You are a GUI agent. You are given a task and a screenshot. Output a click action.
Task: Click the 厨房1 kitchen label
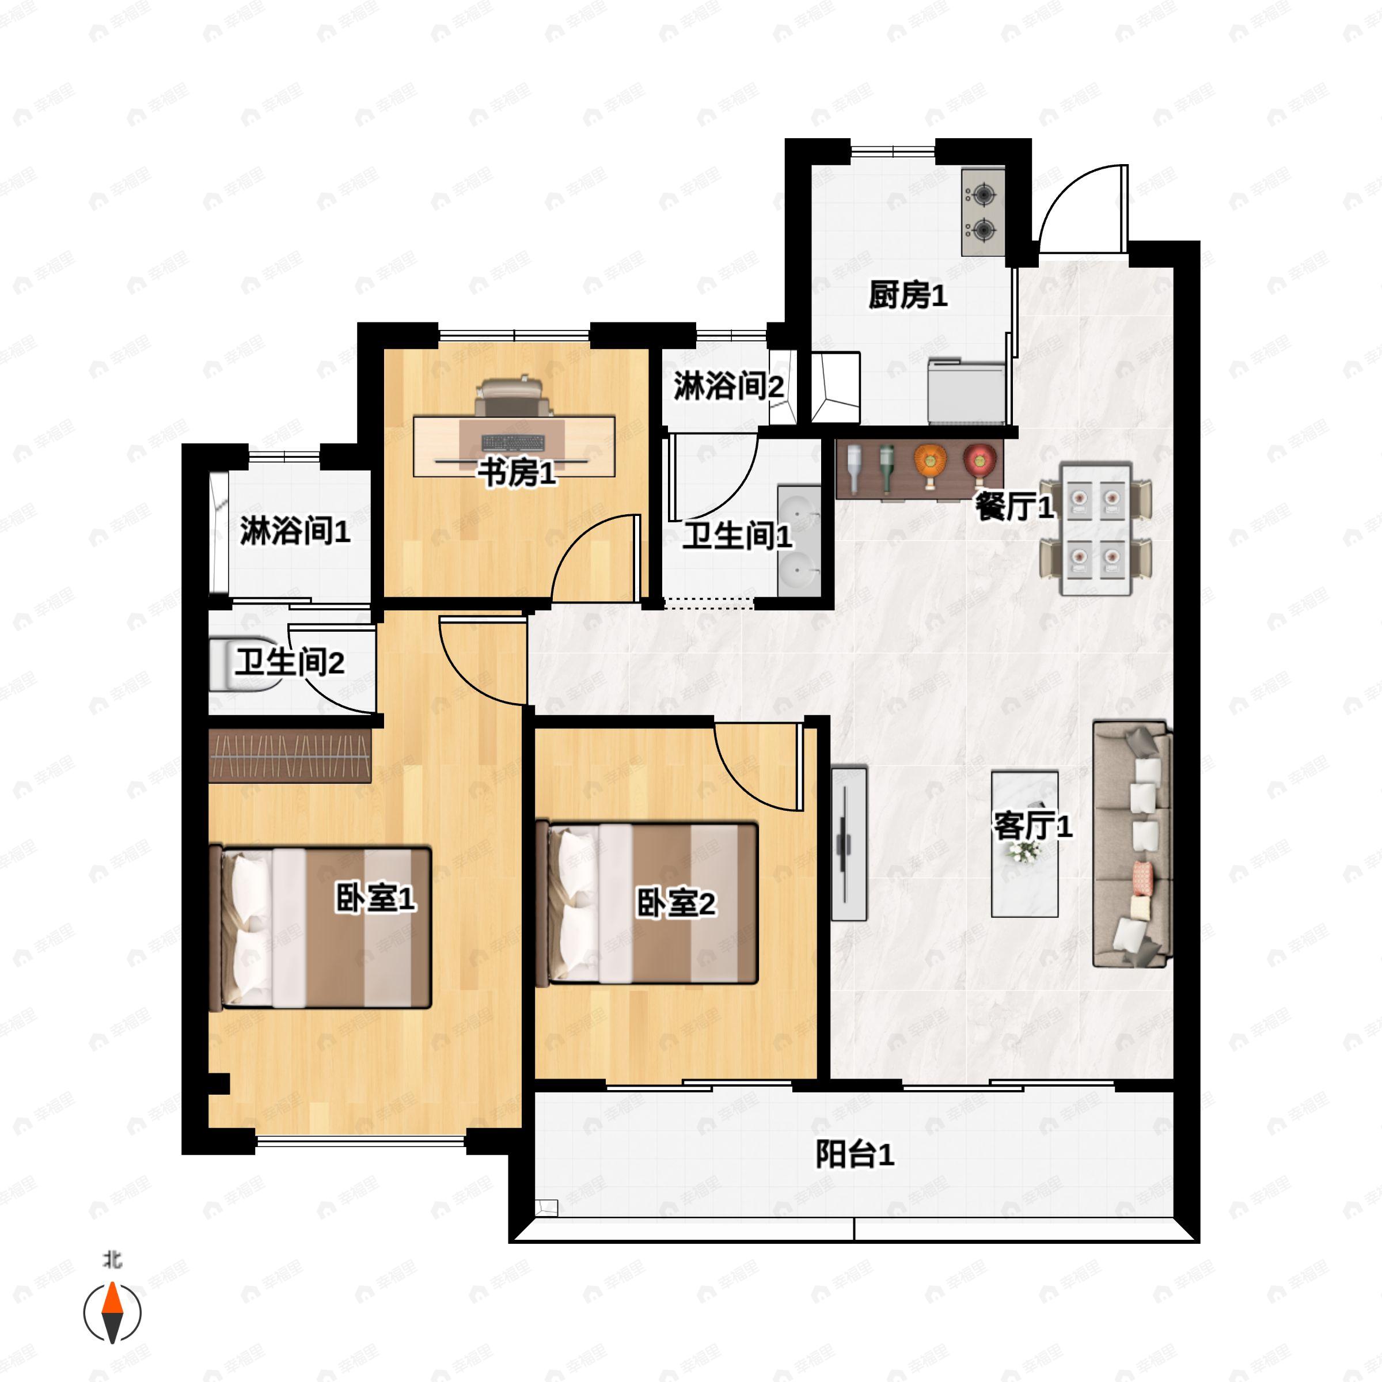908,295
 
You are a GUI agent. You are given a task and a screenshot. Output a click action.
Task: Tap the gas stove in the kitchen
983,212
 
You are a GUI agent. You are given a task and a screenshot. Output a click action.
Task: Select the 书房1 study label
517,472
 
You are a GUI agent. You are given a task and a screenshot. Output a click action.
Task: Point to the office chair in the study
514,398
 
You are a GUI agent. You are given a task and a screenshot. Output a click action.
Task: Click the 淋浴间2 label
727,386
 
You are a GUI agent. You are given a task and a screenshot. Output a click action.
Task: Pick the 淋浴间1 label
294,531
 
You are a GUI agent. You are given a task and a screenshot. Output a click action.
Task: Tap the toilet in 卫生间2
243,665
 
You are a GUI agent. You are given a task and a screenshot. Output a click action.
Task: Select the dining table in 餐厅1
1095,529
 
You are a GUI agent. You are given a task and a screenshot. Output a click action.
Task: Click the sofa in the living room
1132,844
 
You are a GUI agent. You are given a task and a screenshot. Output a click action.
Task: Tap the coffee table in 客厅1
1024,844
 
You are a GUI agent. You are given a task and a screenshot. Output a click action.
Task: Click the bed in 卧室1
322,928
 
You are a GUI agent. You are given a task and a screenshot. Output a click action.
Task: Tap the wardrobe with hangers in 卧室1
290,756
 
